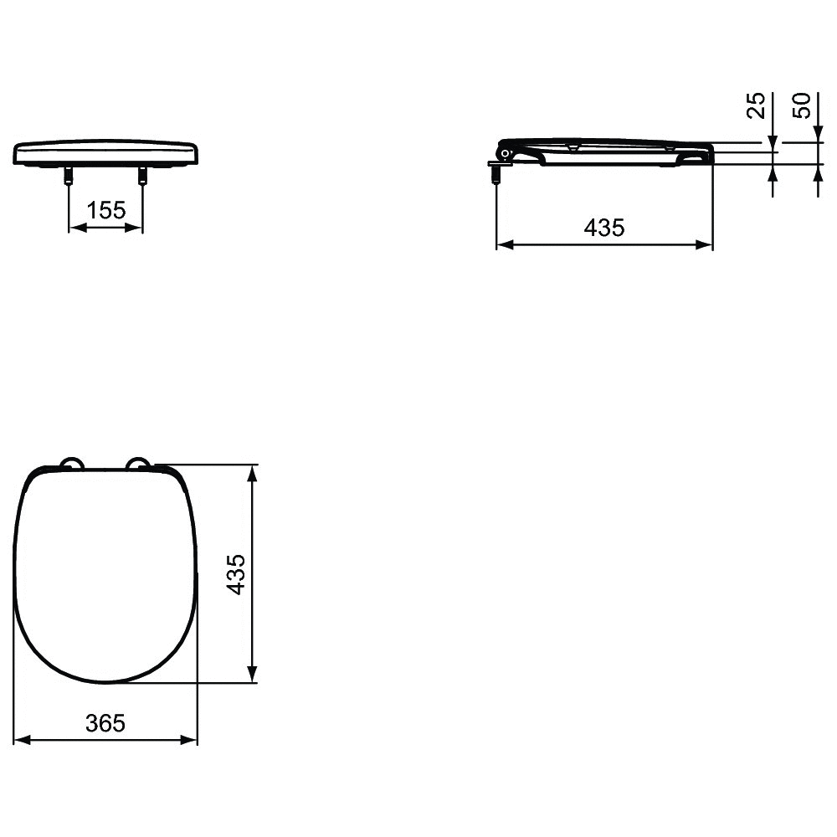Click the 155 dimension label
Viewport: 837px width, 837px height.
(x=105, y=210)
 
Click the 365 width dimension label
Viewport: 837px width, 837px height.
(x=105, y=723)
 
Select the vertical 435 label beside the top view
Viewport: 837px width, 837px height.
(x=236, y=574)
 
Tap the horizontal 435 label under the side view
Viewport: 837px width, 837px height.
(x=604, y=228)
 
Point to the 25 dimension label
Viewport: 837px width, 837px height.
(x=756, y=105)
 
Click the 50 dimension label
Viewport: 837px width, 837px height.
(x=802, y=105)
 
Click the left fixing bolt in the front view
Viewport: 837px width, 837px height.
(x=69, y=176)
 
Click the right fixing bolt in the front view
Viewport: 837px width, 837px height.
(x=142, y=176)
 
